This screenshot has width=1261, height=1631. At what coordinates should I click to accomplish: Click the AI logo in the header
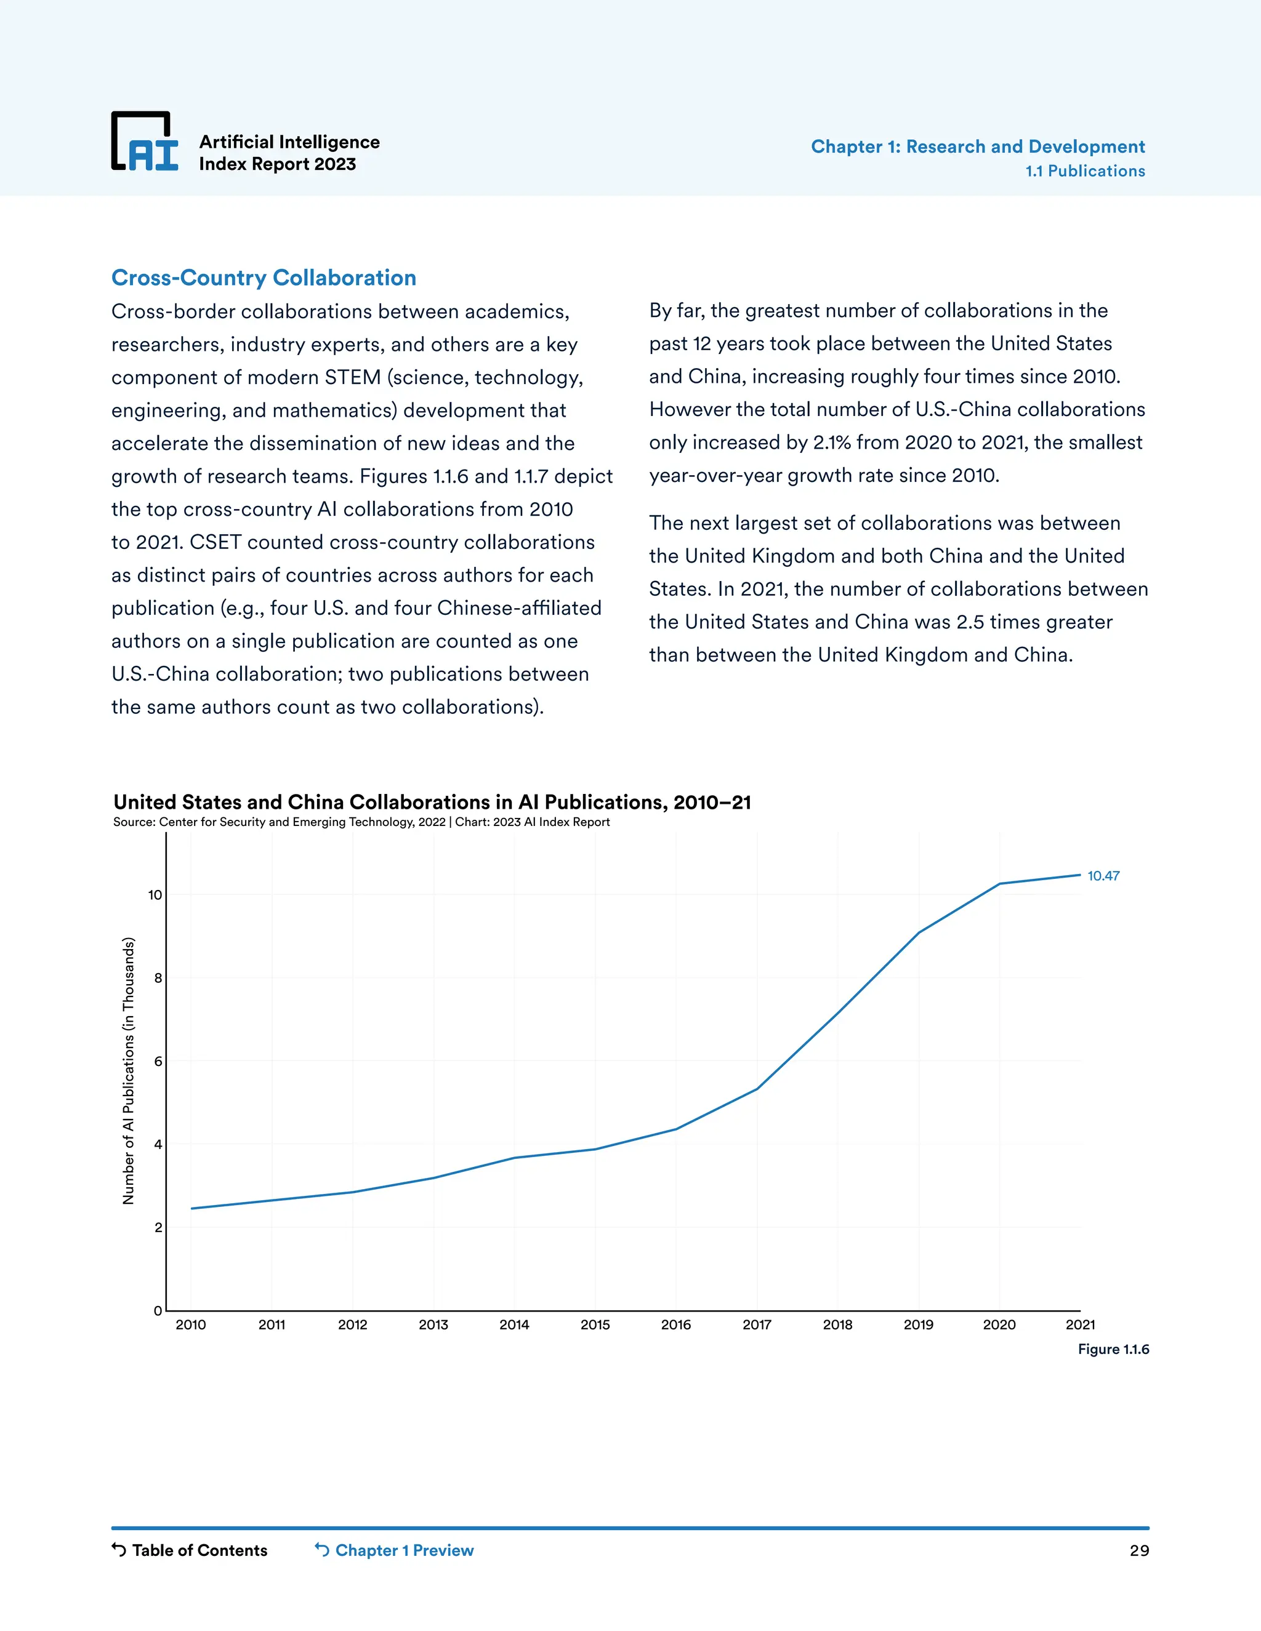pos(145,142)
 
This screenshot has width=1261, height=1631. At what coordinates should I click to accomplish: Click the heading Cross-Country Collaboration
pos(264,277)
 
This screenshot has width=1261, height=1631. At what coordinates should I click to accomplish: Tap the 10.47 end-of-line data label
pos(1103,876)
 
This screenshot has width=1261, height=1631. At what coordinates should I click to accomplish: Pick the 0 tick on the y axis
pos(158,1310)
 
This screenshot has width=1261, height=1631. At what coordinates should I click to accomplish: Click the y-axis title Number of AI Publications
pos(129,1071)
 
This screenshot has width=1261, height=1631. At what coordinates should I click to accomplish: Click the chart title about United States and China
pos(432,802)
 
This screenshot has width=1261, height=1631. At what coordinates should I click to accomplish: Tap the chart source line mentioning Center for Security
pos(361,822)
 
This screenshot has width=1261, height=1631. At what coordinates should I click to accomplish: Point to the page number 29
pos(1138,1551)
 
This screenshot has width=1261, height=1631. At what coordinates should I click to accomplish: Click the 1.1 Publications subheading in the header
pos(1085,171)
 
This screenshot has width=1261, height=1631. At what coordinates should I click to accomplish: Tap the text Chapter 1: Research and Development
pos(977,146)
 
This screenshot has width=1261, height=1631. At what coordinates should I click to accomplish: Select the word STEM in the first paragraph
pos(353,377)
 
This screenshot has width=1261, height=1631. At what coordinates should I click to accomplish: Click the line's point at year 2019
pos(918,932)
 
